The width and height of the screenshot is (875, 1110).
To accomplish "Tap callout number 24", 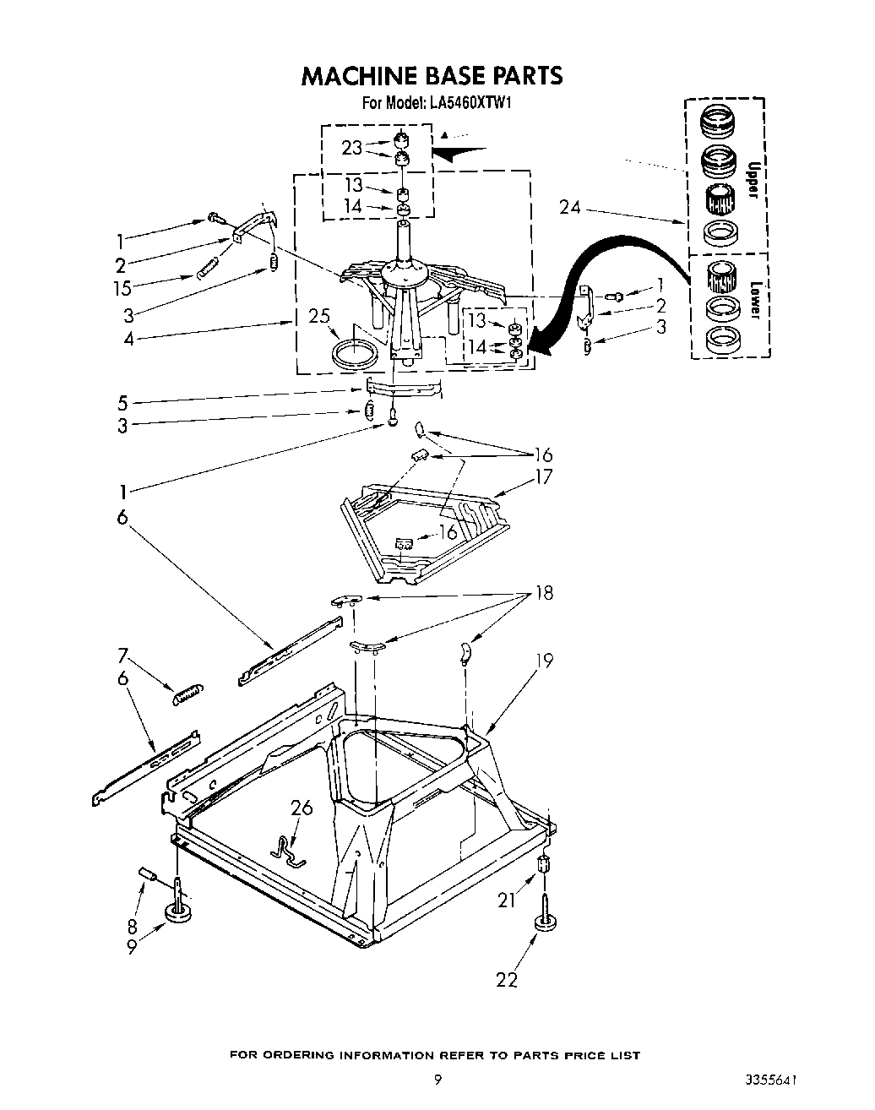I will (571, 207).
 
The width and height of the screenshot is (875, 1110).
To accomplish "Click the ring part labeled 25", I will (355, 354).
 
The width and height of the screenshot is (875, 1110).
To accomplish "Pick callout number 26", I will (301, 808).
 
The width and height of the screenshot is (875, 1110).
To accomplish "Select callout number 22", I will (506, 979).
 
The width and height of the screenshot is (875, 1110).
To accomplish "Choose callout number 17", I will (543, 477).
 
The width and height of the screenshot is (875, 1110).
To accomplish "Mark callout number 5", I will (123, 403).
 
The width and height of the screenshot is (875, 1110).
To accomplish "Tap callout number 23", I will (351, 148).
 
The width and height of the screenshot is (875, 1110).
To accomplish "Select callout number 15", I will (123, 288).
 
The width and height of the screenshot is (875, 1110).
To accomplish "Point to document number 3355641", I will (771, 1080).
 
